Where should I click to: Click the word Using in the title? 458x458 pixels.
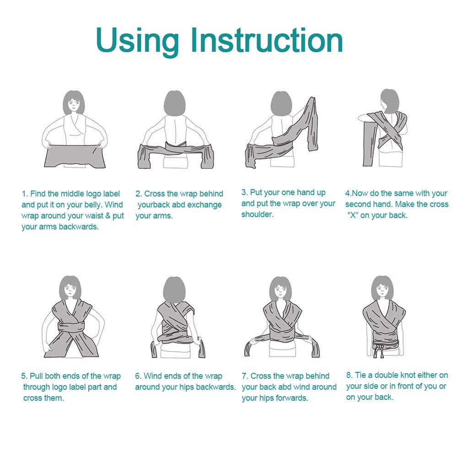pos(137,41)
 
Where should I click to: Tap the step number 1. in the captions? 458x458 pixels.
pos(25,194)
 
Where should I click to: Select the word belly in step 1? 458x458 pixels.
pos(92,205)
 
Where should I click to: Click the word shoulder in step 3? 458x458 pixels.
pos(257,215)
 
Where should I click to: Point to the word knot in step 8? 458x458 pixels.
pos(408,375)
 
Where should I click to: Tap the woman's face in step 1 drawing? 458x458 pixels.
pos(73,104)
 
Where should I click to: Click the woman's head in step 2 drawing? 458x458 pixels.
pos(174,103)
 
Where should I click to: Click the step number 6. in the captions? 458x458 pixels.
pos(138,376)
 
